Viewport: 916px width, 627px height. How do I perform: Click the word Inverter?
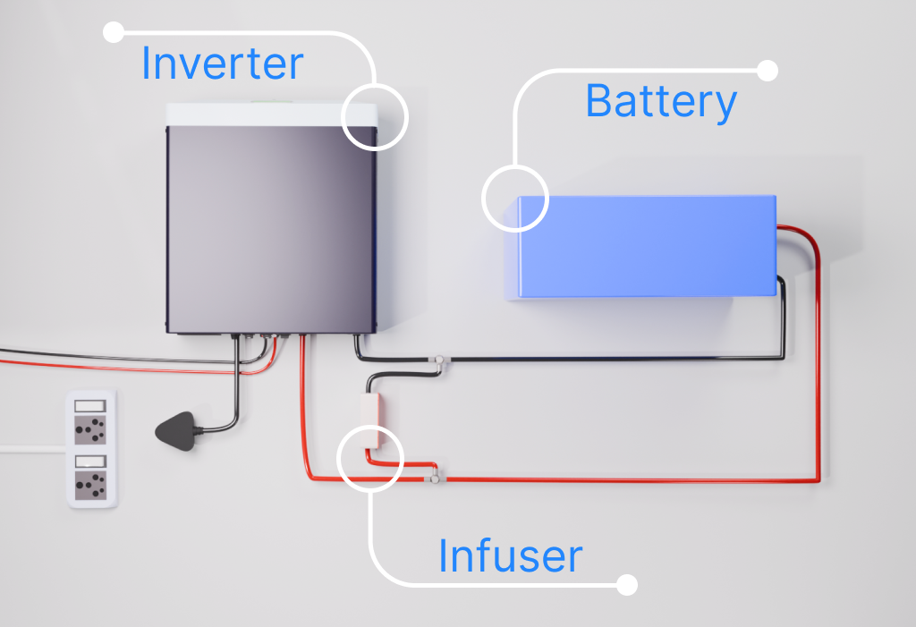tap(222, 64)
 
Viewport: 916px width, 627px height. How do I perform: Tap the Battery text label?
tap(660, 101)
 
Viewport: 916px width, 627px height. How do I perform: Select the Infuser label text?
tap(510, 556)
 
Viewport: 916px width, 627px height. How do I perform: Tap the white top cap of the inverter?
tap(268, 114)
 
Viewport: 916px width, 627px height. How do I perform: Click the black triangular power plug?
tap(179, 433)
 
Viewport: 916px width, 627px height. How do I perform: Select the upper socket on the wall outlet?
tap(92, 430)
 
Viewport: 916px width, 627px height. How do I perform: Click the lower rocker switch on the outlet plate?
tap(91, 461)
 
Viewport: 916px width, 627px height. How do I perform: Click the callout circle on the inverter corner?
tap(374, 117)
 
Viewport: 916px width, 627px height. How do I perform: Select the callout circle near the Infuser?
tap(370, 457)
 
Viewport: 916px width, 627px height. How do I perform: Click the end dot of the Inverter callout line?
tap(114, 33)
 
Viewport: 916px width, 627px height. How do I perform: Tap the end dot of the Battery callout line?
tap(768, 71)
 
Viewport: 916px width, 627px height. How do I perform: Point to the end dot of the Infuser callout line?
tap(627, 585)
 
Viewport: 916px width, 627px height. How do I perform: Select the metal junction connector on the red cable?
tap(434, 477)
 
